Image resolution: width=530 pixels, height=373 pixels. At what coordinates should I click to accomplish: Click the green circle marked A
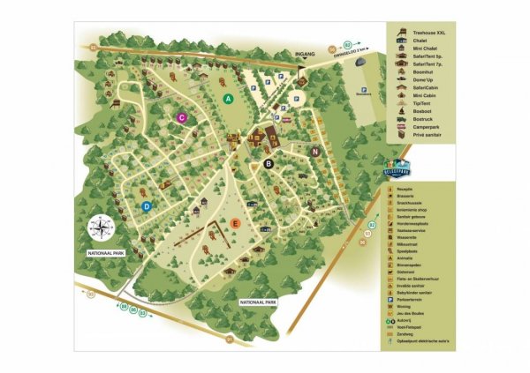coord(228,100)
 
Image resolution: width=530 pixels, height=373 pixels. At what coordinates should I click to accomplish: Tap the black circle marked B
coord(269,163)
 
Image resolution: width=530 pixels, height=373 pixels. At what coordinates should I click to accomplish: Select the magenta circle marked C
coord(181,117)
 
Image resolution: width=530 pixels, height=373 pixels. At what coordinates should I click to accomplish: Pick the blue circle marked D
coord(147,206)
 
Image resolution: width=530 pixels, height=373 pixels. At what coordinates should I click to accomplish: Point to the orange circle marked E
coord(235,223)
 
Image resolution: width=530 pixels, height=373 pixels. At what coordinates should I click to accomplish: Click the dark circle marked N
coord(315,152)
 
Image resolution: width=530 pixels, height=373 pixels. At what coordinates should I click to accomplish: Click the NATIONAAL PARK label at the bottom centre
coord(259,302)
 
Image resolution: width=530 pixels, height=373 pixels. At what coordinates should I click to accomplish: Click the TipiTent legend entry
coord(415,104)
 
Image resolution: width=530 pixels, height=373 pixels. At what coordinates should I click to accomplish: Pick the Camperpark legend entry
coord(417,128)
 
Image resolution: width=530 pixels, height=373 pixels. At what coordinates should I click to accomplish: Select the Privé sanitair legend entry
coord(419,137)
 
